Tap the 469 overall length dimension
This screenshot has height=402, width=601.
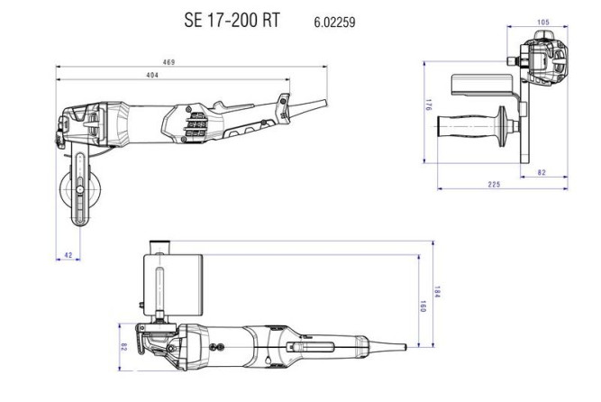(168, 62)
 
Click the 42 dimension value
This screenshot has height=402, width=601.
(68, 256)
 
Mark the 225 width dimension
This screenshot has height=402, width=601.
(494, 184)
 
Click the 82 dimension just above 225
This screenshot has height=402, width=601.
(542, 171)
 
